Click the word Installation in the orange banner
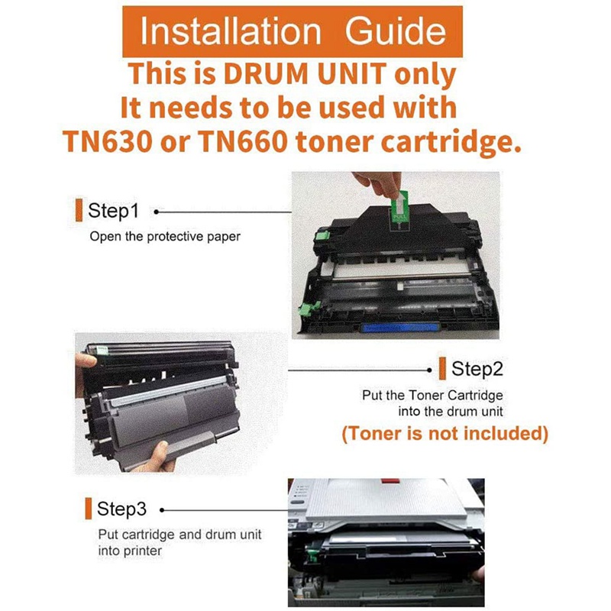pyautogui.click(x=231, y=31)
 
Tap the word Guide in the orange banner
pyautogui.click(x=395, y=31)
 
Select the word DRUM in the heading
pyautogui.click(x=266, y=73)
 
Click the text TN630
pyautogui.click(x=108, y=141)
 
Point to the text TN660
pyautogui.click(x=244, y=141)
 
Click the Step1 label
pyautogui.click(x=113, y=211)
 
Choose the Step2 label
pyautogui.click(x=477, y=369)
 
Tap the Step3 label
pyautogui.click(x=121, y=509)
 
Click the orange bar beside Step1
pyautogui.click(x=79, y=210)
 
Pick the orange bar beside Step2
pyautogui.click(x=442, y=368)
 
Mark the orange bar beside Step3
pyautogui.click(x=89, y=509)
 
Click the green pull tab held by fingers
pyautogui.click(x=399, y=206)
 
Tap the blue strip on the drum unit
pyautogui.click(x=399, y=328)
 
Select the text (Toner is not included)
pyautogui.click(x=445, y=433)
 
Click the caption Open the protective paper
pyautogui.click(x=165, y=237)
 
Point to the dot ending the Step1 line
pyautogui.click(x=157, y=212)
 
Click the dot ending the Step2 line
pyautogui.click(x=429, y=370)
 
